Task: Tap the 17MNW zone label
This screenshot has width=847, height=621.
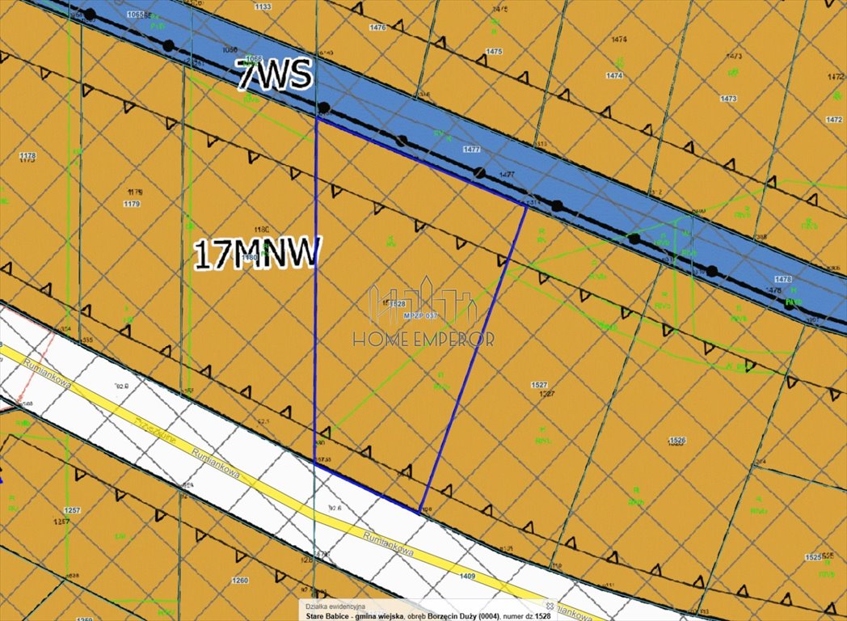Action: pyautogui.click(x=258, y=254)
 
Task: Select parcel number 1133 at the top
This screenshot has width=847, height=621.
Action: pyautogui.click(x=262, y=6)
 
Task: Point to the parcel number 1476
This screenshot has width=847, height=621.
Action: pyautogui.click(x=377, y=27)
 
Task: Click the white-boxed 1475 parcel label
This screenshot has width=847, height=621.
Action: pyautogui.click(x=494, y=52)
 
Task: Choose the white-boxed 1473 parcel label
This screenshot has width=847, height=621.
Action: pyautogui.click(x=728, y=99)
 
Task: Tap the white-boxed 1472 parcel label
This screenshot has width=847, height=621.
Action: pyautogui.click(x=834, y=120)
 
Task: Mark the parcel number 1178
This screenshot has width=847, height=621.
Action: pyautogui.click(x=27, y=155)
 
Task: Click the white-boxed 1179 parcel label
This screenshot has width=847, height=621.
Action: pyautogui.click(x=132, y=204)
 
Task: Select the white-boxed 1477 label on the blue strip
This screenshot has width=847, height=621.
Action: pyautogui.click(x=472, y=150)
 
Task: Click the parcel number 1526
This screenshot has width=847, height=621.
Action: pyautogui.click(x=677, y=440)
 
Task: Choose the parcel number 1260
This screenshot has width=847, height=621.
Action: pyautogui.click(x=239, y=581)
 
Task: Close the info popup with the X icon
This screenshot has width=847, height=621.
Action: pyautogui.click(x=550, y=605)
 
